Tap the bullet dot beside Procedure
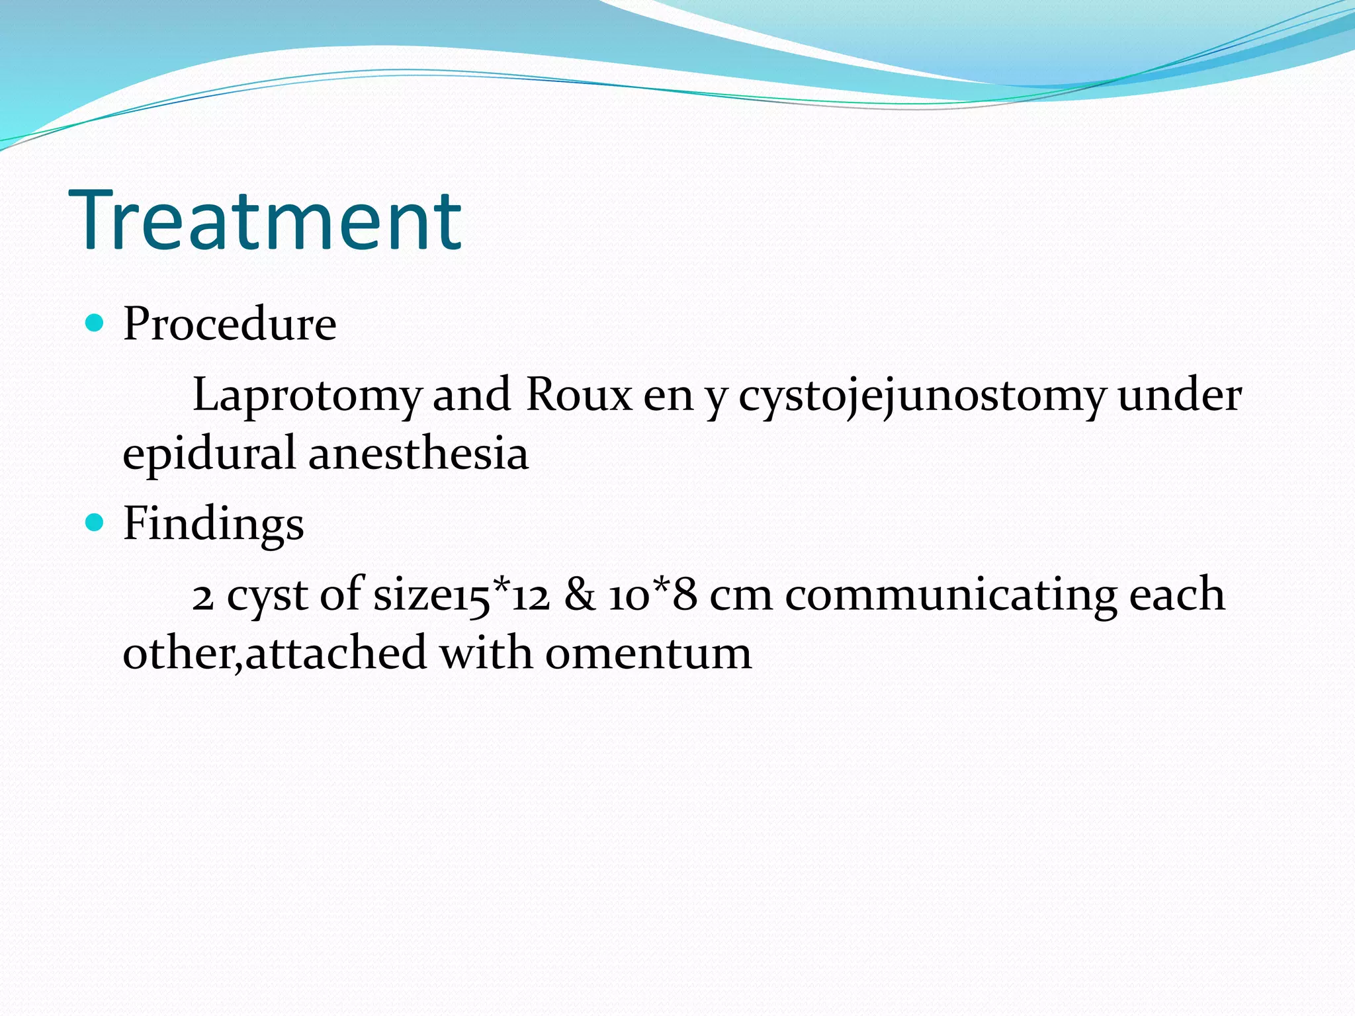(x=95, y=323)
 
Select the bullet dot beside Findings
(x=95, y=523)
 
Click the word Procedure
(x=230, y=324)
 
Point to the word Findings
(x=213, y=525)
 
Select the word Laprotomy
(x=306, y=396)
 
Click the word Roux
(x=579, y=395)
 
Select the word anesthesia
(x=418, y=454)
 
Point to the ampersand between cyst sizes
(x=580, y=594)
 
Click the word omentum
(x=648, y=654)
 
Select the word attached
(x=336, y=653)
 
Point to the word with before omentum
(x=486, y=653)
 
